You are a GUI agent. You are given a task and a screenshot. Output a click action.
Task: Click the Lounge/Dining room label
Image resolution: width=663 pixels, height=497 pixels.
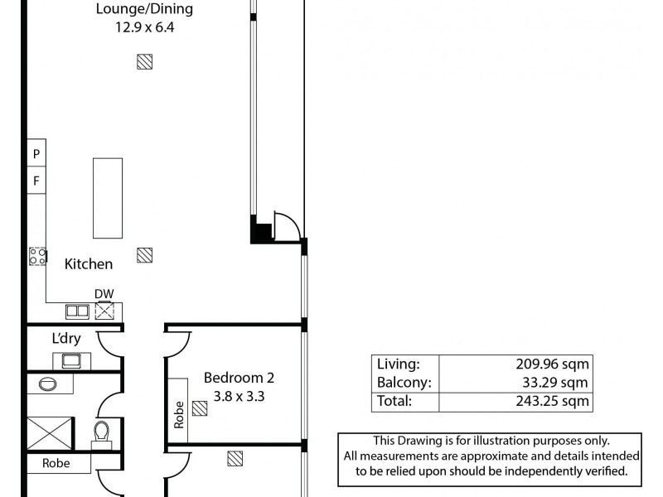[144, 10]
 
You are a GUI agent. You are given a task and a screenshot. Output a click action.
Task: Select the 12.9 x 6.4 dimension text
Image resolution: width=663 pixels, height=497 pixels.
[144, 27]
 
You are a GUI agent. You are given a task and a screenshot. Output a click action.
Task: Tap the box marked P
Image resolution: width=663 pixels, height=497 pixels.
[36, 153]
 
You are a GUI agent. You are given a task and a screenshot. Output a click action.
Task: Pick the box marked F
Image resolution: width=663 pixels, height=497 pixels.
[36, 180]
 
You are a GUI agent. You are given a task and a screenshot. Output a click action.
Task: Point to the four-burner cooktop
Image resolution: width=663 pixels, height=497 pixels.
[38, 257]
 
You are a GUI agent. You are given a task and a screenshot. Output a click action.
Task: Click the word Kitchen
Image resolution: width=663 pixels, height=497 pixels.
[89, 264]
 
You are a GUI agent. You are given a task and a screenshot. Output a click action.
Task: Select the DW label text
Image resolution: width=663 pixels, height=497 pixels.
[104, 294]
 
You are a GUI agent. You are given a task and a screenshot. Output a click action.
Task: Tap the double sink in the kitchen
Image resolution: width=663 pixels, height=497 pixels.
[78, 311]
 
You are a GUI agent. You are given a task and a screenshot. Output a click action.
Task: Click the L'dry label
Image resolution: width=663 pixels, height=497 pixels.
[65, 339]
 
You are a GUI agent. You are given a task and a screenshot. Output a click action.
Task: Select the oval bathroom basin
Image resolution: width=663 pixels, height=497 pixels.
[47, 384]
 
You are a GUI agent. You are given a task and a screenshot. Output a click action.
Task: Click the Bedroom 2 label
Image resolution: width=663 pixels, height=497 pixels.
[239, 379]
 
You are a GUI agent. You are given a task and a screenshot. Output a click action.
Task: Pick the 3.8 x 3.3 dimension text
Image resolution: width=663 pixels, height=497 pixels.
[239, 396]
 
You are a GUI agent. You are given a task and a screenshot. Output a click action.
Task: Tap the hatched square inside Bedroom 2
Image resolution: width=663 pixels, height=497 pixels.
[199, 408]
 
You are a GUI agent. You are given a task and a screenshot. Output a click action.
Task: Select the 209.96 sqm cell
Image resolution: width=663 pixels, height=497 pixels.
[553, 364]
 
